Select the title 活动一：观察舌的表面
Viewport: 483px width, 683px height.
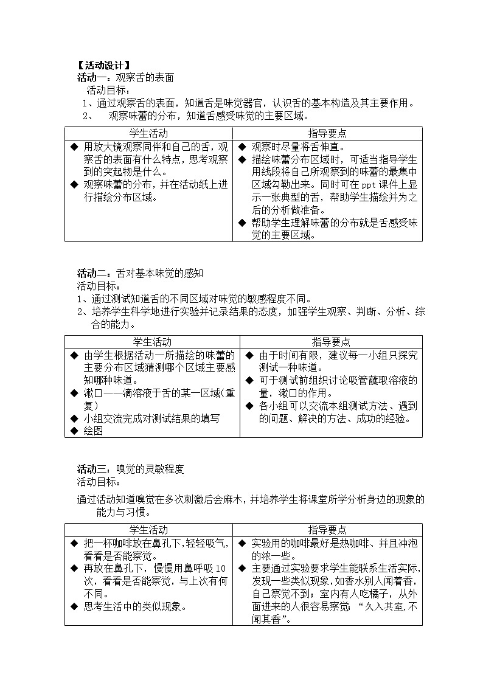[125, 78]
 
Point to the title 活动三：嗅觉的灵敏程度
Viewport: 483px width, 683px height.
[130, 469]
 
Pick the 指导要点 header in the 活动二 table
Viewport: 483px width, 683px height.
[331, 342]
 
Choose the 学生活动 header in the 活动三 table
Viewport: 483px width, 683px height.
[148, 530]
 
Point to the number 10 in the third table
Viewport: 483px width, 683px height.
[220, 568]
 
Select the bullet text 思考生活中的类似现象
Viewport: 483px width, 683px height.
[134, 606]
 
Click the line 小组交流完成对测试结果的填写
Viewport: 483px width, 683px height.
[151, 418]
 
